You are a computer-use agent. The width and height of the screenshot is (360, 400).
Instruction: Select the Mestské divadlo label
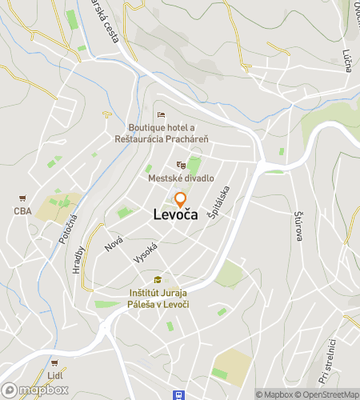tap(181, 178)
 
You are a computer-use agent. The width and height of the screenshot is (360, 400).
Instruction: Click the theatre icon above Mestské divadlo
tap(181, 165)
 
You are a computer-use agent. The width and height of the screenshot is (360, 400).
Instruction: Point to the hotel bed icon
tap(161, 114)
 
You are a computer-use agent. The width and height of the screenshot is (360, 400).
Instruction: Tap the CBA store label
tap(22, 211)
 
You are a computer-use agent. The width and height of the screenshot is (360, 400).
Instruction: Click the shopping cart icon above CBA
tap(22, 198)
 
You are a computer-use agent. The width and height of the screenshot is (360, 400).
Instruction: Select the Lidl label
tap(54, 375)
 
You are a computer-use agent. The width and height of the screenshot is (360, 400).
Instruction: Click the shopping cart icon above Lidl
tap(54, 362)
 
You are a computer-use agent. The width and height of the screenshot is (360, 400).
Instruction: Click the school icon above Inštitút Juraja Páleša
tap(158, 279)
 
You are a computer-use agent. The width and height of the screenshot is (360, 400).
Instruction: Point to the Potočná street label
tap(67, 229)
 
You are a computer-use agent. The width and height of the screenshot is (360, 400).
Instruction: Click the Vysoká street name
tap(144, 254)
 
